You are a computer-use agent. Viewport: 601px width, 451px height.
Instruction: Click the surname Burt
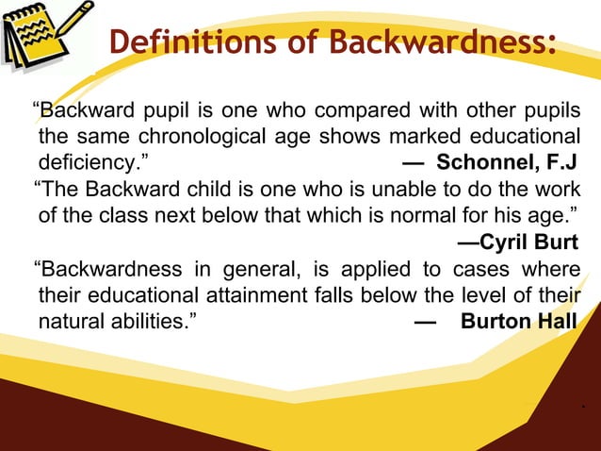[x=556, y=247]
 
